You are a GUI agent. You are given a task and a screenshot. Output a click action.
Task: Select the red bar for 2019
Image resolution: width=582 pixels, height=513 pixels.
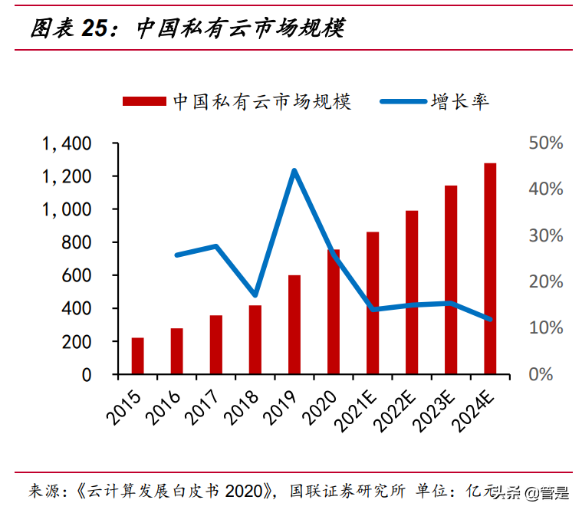[294, 324]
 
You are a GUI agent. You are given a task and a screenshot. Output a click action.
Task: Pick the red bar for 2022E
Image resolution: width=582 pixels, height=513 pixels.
[412, 292]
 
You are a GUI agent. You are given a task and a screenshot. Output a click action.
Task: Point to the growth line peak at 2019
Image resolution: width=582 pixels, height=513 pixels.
[294, 170]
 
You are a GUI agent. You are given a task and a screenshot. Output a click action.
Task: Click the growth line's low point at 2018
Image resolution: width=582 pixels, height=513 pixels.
[255, 295]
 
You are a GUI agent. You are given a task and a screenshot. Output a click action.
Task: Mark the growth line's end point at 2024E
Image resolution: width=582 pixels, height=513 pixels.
[490, 319]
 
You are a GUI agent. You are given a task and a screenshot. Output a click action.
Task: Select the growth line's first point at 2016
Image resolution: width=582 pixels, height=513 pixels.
[177, 255]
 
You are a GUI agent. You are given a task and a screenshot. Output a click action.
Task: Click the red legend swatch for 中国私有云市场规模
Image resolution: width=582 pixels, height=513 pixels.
[143, 101]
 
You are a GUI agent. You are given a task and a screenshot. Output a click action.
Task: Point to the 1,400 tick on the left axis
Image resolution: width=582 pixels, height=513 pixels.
[67, 143]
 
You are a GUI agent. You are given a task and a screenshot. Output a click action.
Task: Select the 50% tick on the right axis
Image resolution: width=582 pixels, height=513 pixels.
[545, 143]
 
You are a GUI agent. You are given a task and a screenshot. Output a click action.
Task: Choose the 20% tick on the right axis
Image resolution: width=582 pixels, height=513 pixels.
[545, 282]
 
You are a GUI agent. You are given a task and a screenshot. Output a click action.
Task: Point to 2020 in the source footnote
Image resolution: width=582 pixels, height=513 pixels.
[243, 491]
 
